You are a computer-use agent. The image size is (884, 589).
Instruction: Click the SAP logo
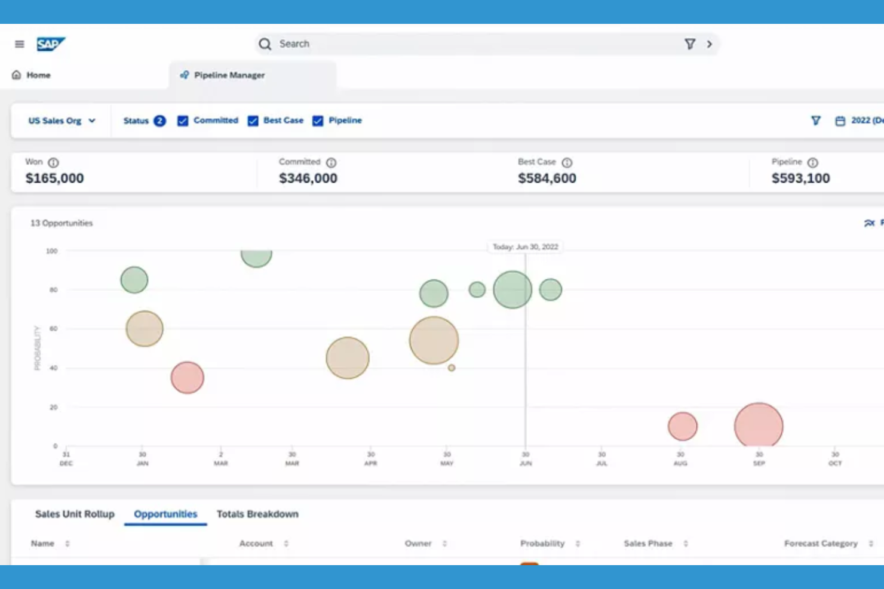point(50,44)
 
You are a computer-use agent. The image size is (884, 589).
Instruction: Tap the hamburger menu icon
point(20,44)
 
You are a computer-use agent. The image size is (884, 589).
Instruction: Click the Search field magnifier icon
point(265,44)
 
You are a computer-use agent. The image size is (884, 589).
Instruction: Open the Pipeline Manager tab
point(229,75)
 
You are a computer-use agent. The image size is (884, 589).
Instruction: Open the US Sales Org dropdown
point(62,121)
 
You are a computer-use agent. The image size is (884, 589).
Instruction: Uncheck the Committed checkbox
point(183,121)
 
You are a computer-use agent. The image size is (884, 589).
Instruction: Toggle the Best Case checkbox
point(253,121)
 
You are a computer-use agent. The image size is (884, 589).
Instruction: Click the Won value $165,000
point(54,178)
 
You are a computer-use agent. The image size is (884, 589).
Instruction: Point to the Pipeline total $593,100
point(800,178)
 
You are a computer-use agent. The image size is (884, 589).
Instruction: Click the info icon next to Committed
point(331,162)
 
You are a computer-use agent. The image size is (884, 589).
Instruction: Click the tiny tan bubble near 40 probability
point(452,368)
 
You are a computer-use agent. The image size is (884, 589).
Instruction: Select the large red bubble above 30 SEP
point(759,425)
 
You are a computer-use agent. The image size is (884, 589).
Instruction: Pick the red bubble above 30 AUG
point(683,426)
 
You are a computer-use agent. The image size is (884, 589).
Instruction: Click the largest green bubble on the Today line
point(512,290)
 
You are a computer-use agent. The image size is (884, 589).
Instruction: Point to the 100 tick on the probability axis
point(52,251)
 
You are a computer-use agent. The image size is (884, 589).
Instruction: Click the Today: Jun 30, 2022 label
point(525,247)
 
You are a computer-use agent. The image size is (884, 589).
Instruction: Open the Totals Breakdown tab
point(257,514)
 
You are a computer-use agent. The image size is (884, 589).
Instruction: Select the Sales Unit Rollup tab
point(75,514)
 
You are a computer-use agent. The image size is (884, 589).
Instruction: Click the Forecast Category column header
point(821,544)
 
